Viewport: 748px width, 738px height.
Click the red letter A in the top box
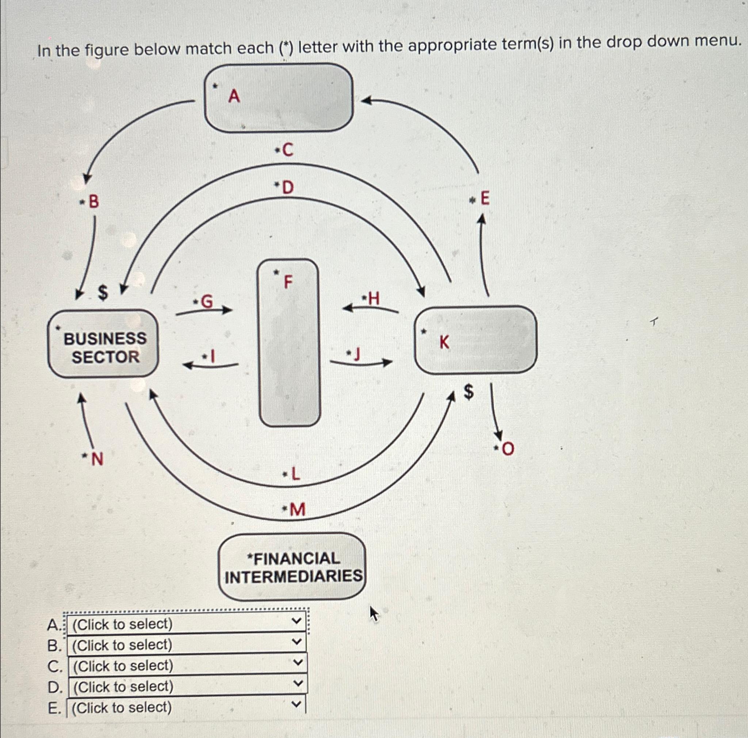pyautogui.click(x=234, y=96)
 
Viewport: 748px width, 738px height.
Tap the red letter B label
pyautogui.click(x=94, y=201)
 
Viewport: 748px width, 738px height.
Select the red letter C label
pyautogui.click(x=288, y=150)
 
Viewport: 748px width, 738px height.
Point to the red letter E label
pyautogui.click(x=484, y=199)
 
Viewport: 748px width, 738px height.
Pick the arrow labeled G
pyautogui.click(x=204, y=310)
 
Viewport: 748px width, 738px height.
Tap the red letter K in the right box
pyautogui.click(x=444, y=342)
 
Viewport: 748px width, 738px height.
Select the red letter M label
pyautogui.click(x=297, y=510)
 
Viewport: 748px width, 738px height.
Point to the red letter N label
pyautogui.click(x=97, y=460)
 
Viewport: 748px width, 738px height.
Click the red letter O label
pyautogui.click(x=508, y=449)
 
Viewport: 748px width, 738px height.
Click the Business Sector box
pyautogui.click(x=103, y=343)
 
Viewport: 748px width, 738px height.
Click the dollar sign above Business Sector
pyautogui.click(x=102, y=293)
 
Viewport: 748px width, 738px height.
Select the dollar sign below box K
pyautogui.click(x=469, y=392)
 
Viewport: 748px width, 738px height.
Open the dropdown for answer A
pyautogui.click(x=186, y=624)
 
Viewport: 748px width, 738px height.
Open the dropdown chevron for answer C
pyautogui.click(x=297, y=665)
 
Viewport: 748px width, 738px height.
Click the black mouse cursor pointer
pyautogui.click(x=374, y=614)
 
